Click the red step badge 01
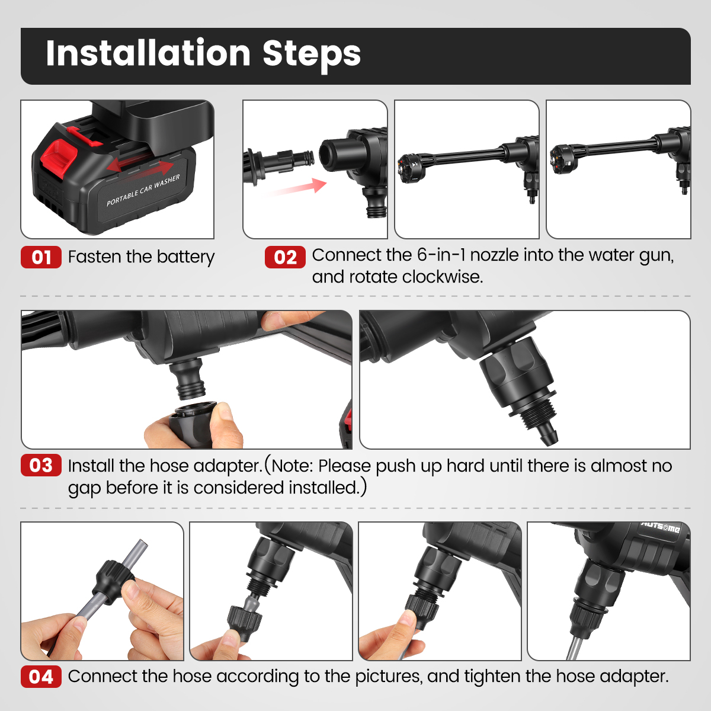[41, 257]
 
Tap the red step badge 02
[285, 257]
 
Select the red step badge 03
[41, 465]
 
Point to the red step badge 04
[41, 677]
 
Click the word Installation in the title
[148, 53]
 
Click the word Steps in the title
[312, 55]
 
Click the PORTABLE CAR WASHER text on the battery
[143, 190]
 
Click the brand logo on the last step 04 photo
[661, 528]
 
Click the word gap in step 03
[85, 488]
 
